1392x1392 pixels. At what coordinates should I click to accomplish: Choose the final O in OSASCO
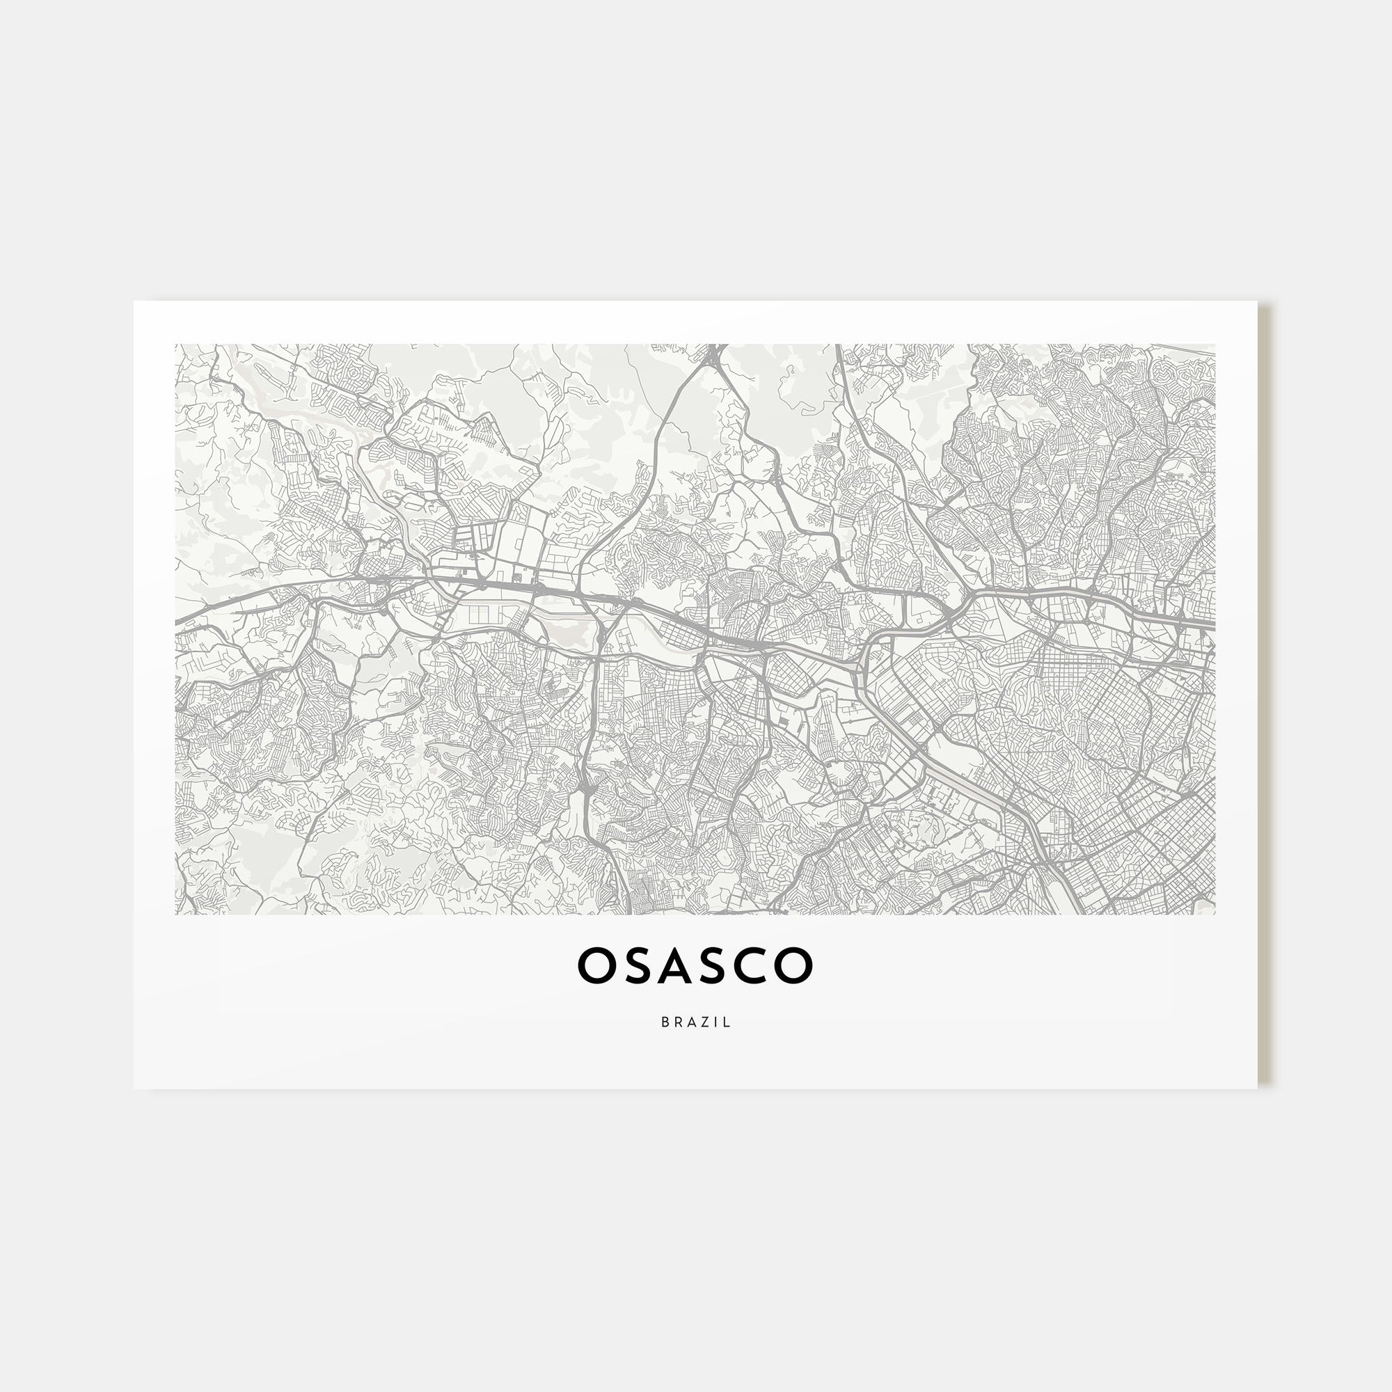tap(795, 966)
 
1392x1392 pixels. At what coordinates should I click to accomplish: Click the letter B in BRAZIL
tap(664, 1022)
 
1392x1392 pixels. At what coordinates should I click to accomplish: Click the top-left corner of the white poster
tap(135, 302)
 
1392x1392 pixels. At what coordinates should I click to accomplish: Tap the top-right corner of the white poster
tap(1257, 302)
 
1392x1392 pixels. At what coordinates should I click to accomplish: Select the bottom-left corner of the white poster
tap(135, 1088)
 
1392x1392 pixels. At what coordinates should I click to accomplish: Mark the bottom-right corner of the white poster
tap(1257, 1088)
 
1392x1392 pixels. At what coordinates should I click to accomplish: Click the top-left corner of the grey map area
tap(176, 345)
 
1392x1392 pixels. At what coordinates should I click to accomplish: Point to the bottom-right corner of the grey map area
tap(1215, 915)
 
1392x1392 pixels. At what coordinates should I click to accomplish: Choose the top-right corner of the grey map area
tap(1215, 345)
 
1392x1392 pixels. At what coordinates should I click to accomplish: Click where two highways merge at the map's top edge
tap(713, 353)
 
